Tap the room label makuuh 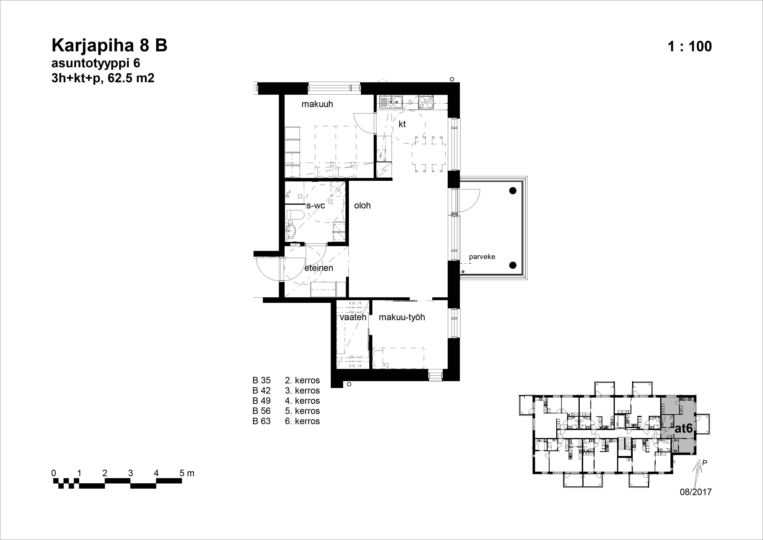[x=317, y=104]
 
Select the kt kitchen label [x=402, y=124]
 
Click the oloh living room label [x=362, y=206]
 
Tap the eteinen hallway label [x=319, y=268]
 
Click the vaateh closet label [x=353, y=317]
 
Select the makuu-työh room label [x=402, y=317]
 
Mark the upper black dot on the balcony [x=513, y=191]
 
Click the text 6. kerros [x=302, y=421]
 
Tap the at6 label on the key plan [x=684, y=428]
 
